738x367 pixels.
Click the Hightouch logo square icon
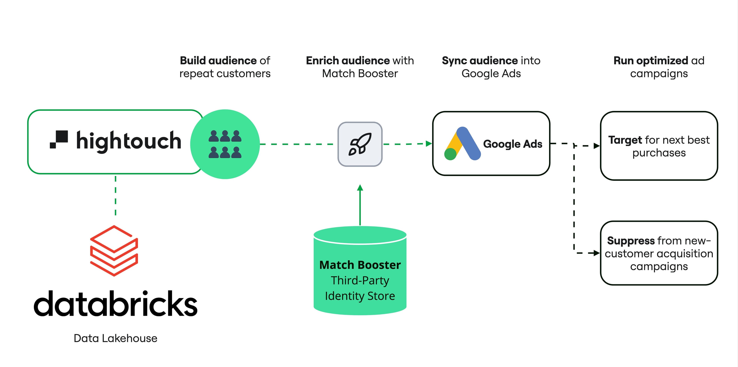59,140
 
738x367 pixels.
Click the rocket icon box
360,144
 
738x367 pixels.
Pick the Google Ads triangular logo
462,144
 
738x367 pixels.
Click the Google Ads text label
513,144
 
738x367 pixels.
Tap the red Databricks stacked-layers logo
114,251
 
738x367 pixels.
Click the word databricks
116,304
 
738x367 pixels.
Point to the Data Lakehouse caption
116,338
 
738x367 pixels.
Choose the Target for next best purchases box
659,146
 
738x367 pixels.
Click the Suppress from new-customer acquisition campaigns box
659,253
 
